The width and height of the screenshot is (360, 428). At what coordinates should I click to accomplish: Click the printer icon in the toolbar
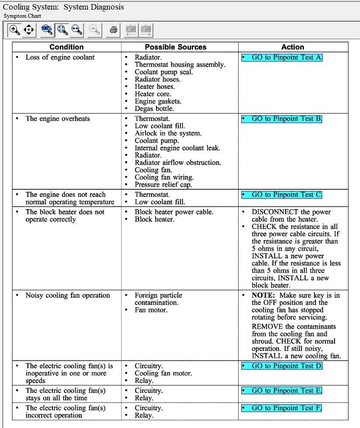[x=114, y=31]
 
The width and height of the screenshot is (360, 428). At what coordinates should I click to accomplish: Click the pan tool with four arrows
[x=29, y=31]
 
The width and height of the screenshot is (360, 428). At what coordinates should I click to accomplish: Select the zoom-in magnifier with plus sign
[x=15, y=31]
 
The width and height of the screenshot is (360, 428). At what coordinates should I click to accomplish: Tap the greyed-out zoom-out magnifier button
[x=95, y=31]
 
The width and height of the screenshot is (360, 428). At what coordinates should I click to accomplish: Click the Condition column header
[x=67, y=47]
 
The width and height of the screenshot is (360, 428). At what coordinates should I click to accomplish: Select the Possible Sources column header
[x=176, y=47]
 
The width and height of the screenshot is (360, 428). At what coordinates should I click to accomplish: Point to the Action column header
[x=292, y=47]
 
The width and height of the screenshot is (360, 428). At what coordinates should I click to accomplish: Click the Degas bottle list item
[x=154, y=108]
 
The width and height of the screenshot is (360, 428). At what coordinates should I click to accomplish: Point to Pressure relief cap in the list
[x=163, y=185]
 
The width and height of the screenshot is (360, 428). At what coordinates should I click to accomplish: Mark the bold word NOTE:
[x=263, y=295]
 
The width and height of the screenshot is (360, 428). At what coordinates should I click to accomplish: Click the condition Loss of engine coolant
[x=60, y=57]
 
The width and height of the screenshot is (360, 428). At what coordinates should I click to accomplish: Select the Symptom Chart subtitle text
[x=22, y=16]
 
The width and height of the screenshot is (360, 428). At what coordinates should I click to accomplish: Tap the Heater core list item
[x=153, y=94]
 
